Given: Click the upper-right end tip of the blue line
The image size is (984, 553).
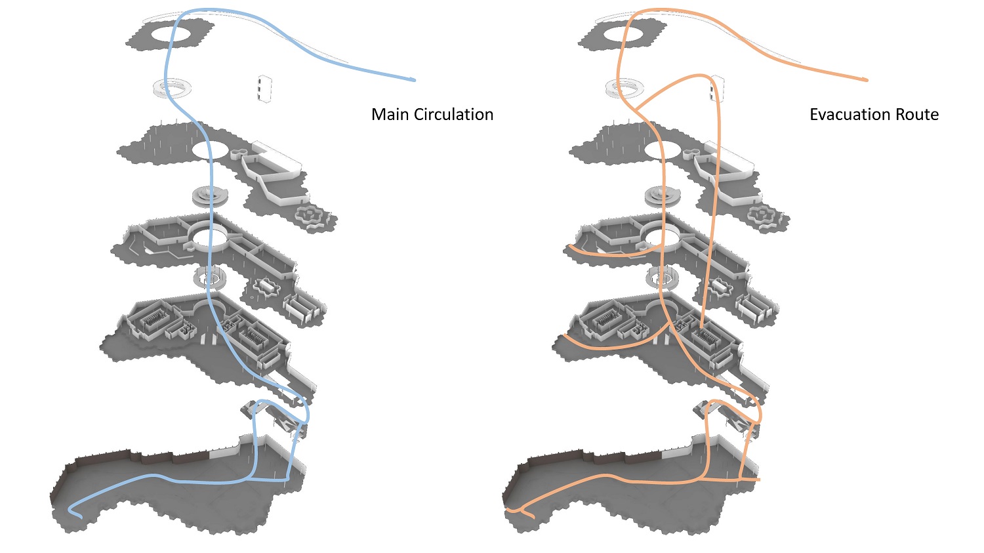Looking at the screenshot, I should pos(414,80).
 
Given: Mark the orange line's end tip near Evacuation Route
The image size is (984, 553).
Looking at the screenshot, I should pos(867,80).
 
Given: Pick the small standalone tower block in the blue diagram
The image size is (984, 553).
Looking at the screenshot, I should pos(264,88).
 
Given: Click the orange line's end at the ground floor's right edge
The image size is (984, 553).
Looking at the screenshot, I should pos(759,480).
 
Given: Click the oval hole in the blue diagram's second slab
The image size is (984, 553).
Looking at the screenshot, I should pos(211,150).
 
